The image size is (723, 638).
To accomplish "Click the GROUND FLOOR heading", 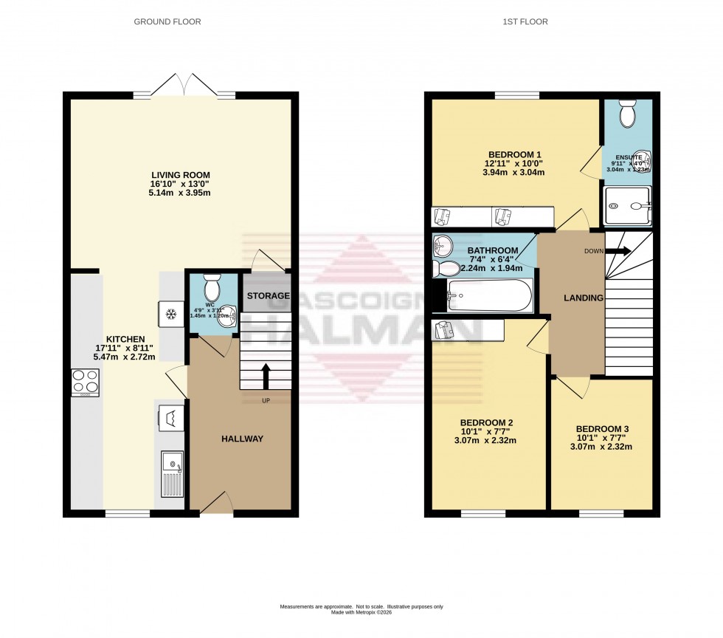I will click(x=167, y=21).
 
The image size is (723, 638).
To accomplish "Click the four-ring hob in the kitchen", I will click(x=85, y=382).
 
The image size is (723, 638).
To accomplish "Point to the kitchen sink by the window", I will click(x=171, y=475).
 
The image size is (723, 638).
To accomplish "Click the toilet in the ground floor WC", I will click(x=212, y=285).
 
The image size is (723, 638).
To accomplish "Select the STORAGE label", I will click(x=268, y=296).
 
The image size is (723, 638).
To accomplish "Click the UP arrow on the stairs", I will click(x=266, y=374).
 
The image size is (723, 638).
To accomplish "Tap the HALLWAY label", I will click(x=242, y=439).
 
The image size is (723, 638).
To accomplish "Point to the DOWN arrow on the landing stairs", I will click(x=618, y=251).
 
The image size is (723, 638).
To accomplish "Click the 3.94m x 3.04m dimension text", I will click(x=515, y=173).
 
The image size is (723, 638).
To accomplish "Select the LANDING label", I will click(x=584, y=298).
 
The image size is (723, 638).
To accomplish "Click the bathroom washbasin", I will click(x=443, y=244).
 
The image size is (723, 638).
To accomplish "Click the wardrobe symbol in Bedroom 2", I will click(x=445, y=330).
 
